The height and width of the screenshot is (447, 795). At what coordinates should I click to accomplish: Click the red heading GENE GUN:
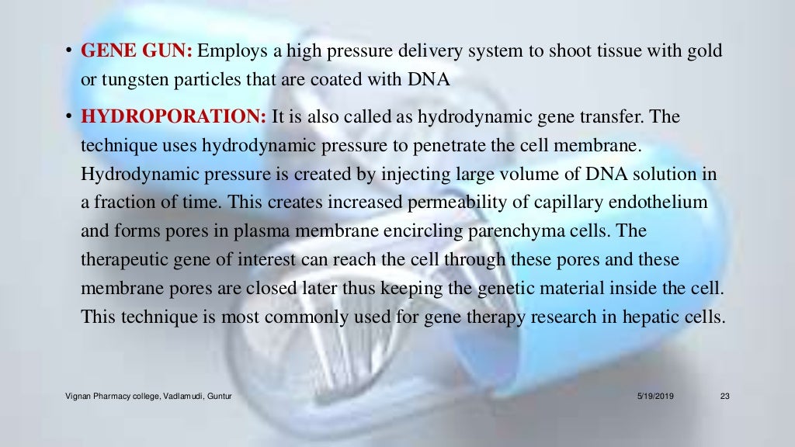point(137,52)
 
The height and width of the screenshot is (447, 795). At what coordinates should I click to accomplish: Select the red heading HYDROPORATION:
point(174,117)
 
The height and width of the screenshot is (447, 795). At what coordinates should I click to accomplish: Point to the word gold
point(703,52)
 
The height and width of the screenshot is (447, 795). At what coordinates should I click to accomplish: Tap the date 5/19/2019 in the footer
point(655,397)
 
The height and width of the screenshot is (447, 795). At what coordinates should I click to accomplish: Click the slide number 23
point(726,397)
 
